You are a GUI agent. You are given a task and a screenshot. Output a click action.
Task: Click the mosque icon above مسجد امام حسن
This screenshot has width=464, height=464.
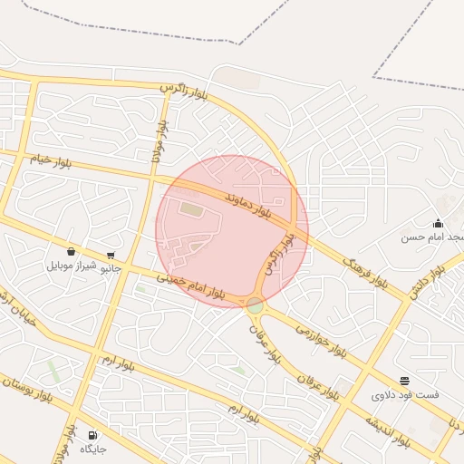tap(438, 223)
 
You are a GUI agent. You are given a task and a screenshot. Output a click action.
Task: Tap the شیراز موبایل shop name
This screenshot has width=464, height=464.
tap(72, 266)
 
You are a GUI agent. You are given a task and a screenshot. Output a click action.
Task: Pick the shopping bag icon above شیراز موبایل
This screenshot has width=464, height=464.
tap(71, 252)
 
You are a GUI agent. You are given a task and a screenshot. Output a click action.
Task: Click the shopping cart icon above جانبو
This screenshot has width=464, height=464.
tap(111, 256)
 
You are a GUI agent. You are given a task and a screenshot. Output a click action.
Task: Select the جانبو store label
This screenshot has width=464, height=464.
tap(109, 268)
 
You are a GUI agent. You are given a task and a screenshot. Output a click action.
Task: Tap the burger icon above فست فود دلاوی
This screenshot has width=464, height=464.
tap(404, 382)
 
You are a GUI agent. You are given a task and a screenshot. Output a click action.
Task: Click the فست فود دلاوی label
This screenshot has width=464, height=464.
tap(404, 395)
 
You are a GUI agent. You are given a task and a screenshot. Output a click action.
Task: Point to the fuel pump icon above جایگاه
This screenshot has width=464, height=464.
tap(92, 435)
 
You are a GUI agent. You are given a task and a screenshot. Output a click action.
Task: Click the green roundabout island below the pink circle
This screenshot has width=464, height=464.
tap(256, 306)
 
